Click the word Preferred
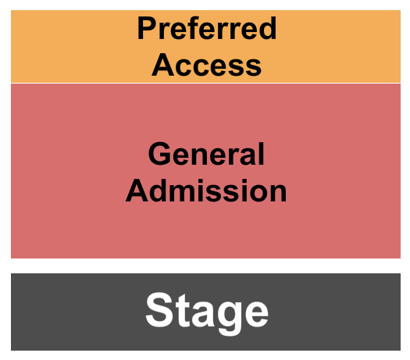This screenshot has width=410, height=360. point(207,28)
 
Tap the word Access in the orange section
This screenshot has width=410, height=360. point(207,65)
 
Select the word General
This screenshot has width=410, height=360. point(206,154)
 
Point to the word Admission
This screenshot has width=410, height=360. point(206,191)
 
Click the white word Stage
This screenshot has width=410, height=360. point(207,313)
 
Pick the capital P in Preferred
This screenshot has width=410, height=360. point(146,28)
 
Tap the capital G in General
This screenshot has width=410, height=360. point(159,154)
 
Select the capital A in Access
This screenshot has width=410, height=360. point(162,65)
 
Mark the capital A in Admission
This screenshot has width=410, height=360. point(137,191)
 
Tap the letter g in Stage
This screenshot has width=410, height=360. point(230,319)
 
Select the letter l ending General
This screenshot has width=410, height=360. point(262,154)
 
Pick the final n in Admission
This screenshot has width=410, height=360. point(278,194)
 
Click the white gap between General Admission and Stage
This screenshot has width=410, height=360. point(205,266)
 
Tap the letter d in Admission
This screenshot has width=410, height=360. point(160,191)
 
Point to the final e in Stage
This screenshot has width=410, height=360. point(257,315)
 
